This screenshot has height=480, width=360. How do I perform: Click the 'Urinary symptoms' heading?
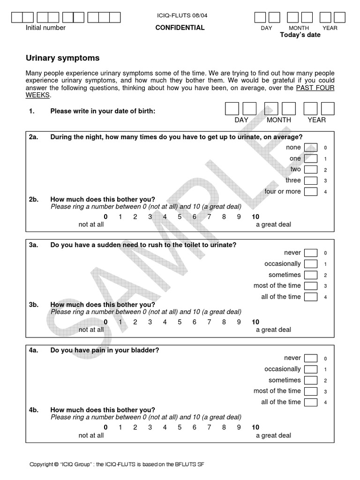62,58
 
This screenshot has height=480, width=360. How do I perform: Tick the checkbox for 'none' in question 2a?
310,148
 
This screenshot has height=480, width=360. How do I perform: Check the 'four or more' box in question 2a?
310,191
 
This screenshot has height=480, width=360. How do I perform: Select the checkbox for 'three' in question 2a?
310,180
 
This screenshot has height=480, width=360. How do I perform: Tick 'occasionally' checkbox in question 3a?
310,264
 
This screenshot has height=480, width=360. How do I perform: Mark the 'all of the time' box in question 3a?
310,297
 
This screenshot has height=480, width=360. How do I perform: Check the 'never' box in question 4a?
310,358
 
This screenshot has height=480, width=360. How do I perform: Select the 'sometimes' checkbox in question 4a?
310,380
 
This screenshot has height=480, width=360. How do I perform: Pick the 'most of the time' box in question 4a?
310,391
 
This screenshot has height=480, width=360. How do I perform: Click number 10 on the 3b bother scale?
255,322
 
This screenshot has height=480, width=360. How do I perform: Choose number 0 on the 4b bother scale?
105,427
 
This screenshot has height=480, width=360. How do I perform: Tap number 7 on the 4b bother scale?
209,427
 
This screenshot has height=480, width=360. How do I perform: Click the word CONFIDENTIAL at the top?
180,28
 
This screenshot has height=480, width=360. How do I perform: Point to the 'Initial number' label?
45,28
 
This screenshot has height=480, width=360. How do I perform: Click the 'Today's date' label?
300,35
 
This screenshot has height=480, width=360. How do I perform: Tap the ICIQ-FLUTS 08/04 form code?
182,15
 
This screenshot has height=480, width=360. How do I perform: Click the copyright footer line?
117,464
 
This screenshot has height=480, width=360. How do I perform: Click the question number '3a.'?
33,245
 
